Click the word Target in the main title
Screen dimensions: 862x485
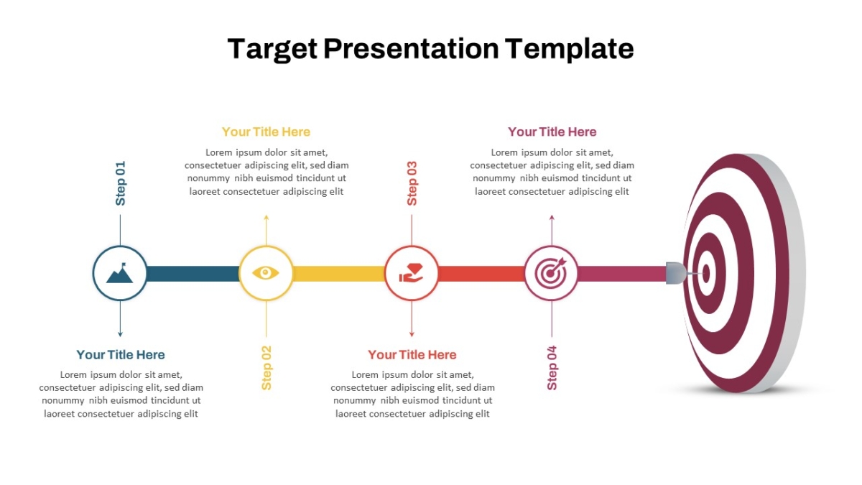click(x=272, y=49)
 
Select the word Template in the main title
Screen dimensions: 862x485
click(x=569, y=49)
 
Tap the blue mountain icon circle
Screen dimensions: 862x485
click(x=120, y=273)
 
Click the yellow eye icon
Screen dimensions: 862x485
click(x=266, y=273)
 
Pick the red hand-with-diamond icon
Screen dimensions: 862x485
click(x=412, y=273)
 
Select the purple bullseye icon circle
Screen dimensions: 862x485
click(x=551, y=273)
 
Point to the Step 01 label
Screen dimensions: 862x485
click(x=121, y=183)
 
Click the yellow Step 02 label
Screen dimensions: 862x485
click(x=267, y=368)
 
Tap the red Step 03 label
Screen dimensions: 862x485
click(x=412, y=183)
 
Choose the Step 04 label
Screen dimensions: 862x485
click(x=552, y=368)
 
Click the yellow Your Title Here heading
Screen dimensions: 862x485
click(x=266, y=132)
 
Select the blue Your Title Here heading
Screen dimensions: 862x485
click(x=121, y=354)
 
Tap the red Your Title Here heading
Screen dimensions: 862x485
click(x=412, y=354)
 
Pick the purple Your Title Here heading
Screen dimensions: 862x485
click(x=552, y=132)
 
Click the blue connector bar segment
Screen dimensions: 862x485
click(x=193, y=274)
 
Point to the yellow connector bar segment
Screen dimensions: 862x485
click(x=338, y=274)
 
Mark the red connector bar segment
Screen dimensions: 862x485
click(x=481, y=274)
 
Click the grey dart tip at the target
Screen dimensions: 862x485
click(x=676, y=273)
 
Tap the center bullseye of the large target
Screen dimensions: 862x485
click(x=706, y=273)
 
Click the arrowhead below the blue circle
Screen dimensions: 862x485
click(x=120, y=334)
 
